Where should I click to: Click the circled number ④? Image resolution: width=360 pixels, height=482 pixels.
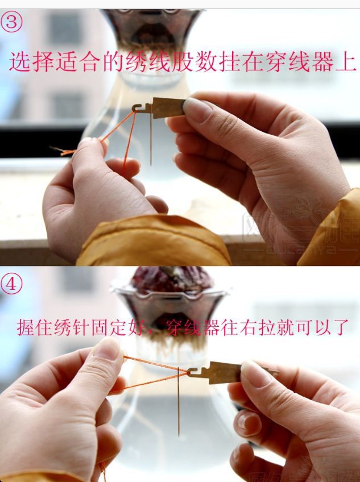pos(11,282)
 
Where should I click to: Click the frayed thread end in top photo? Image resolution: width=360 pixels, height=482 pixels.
pos(57,150)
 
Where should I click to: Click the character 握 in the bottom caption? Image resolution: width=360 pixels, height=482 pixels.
pos(26,327)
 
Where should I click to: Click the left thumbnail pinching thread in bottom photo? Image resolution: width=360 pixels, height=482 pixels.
pos(108,348)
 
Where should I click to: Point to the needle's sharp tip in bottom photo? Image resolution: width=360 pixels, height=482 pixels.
pos(179,435)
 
